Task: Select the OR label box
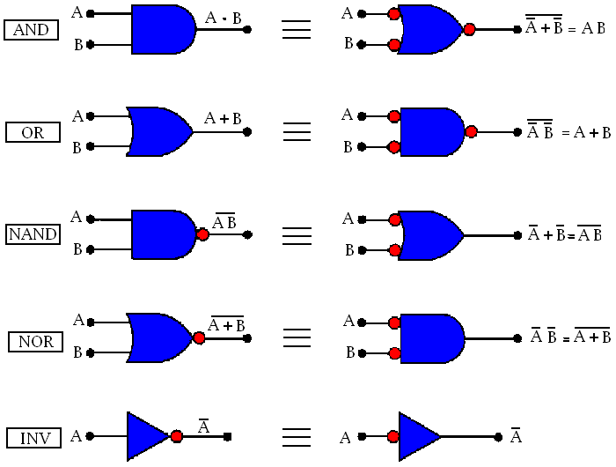(33, 133)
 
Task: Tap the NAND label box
(33, 234)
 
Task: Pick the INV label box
(33, 437)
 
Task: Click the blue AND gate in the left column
(162, 29)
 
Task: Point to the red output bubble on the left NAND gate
(203, 235)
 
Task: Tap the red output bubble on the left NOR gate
(200, 337)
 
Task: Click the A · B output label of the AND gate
(224, 16)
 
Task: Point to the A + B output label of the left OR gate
(224, 118)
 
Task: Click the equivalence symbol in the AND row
(297, 30)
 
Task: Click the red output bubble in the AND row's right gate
(469, 29)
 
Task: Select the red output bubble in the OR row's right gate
(471, 132)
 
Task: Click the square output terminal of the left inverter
(228, 436)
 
